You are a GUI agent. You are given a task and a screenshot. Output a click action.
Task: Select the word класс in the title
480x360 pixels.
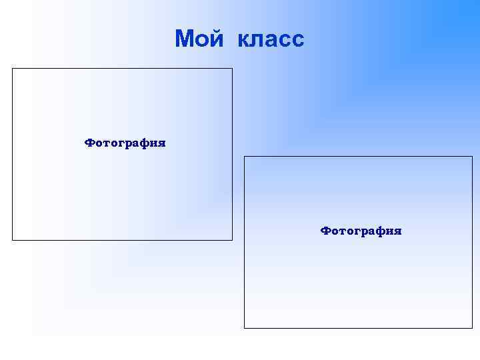pos(269,39)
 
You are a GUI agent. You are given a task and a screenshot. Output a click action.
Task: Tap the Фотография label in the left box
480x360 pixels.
pos(125,143)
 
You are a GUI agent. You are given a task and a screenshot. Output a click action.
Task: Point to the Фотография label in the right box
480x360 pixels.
pos(361,231)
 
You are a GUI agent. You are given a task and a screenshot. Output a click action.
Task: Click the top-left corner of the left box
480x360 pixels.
pos(13,68)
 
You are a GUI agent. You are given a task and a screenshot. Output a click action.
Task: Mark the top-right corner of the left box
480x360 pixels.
pos(232,68)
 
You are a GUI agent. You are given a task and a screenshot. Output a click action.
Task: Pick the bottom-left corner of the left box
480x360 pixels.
pos(13,239)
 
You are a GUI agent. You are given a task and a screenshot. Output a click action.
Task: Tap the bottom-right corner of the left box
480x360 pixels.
pos(232,239)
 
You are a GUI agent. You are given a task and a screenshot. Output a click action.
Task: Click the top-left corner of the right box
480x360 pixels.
pos(245,157)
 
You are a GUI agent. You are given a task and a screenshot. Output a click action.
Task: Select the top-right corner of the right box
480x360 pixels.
pos(472,157)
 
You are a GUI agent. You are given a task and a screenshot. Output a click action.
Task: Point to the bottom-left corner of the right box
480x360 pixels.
pos(245,328)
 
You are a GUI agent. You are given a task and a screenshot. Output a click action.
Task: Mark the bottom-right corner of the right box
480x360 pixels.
pos(472,328)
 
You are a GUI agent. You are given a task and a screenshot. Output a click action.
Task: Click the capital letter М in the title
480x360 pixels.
pos(185,39)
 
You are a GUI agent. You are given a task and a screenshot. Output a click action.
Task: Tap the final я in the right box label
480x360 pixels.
pos(397,231)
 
